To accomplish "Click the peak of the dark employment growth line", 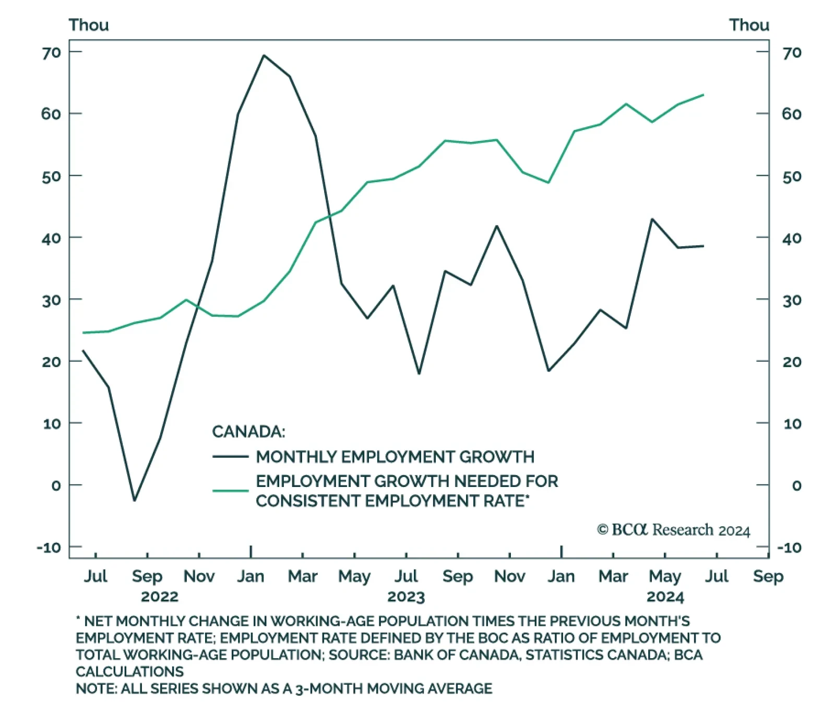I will coord(264,55).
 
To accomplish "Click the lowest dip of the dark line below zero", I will coord(134,501).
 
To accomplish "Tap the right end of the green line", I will coord(703,95).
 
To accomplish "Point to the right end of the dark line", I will coord(703,246).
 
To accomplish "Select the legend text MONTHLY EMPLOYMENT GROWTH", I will coord(395,457).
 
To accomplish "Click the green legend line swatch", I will coord(230,491).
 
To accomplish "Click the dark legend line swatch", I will coord(230,457).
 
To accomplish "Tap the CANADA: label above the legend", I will coord(248,432).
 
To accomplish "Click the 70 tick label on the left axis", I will coord(51,52).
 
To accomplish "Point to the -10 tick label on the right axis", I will coord(789,548).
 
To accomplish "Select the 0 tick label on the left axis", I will coord(56,485).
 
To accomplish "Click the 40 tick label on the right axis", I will coord(792,238).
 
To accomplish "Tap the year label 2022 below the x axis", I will coord(160,597).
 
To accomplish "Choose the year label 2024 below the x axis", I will coord(665,597).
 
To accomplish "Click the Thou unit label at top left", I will coord(89,25).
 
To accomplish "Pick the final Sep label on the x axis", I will coord(768,576).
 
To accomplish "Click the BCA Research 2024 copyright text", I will coord(673,530).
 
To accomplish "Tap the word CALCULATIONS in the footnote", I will coord(129,671).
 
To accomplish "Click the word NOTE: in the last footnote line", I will coord(97,688).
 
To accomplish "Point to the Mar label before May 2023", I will coord(303,576).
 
